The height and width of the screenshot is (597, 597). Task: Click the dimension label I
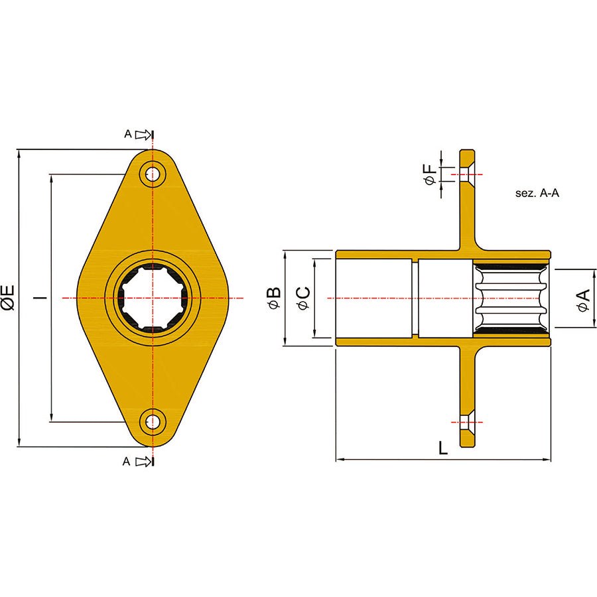click(40, 297)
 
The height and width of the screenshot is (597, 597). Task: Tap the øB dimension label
click(275, 298)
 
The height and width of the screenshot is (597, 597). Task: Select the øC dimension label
click(304, 298)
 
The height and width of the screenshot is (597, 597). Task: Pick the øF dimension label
click(430, 174)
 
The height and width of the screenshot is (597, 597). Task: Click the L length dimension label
click(443, 448)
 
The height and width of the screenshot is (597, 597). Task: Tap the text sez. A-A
click(537, 193)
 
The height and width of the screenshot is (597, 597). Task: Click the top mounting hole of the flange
click(153, 174)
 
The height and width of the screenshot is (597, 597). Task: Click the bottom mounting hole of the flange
click(153, 422)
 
